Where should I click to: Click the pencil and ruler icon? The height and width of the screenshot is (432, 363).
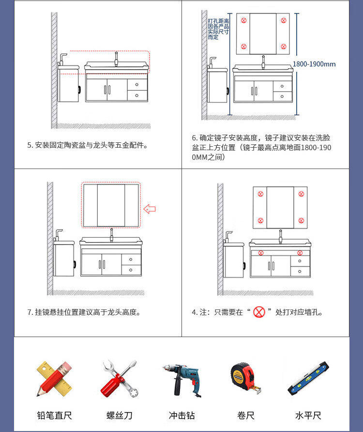tap(54, 379)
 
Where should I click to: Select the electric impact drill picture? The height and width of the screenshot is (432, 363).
tap(182, 380)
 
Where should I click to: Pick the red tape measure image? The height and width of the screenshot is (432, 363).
tap(245, 378)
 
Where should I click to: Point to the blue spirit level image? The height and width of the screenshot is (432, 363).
tap(308, 378)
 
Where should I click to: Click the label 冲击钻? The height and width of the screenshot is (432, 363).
tap(182, 415)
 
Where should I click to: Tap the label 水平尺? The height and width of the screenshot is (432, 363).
tap(308, 415)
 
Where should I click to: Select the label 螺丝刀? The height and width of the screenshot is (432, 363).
tap(119, 415)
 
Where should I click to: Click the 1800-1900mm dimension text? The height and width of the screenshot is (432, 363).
tap(314, 64)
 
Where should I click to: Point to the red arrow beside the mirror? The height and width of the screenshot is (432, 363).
tap(150, 209)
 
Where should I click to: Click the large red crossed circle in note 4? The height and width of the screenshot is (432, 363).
tap(259, 312)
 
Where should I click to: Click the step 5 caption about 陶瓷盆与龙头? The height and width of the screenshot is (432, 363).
tap(87, 145)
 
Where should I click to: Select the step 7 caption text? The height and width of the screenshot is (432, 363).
tap(84, 312)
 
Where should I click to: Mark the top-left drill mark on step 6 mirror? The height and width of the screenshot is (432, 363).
tap(244, 20)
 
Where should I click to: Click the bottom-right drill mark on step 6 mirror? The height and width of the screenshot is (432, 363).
tap(284, 46)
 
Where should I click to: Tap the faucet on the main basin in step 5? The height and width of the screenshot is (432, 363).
tap(116, 59)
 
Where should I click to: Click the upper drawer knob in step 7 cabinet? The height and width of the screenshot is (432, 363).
tap(131, 260)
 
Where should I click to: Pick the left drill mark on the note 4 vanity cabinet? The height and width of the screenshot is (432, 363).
tap(261, 253)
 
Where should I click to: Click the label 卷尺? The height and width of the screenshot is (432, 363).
tap(246, 415)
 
